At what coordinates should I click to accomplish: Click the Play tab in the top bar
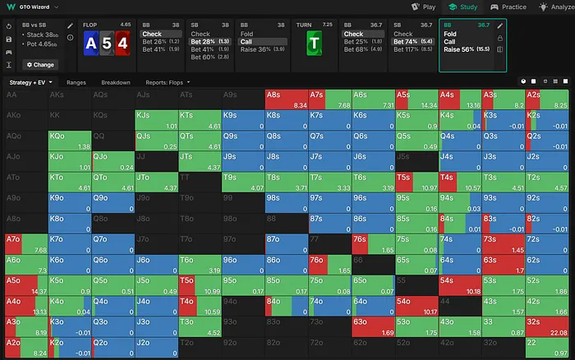click(424, 7)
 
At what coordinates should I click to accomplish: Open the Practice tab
click(509, 7)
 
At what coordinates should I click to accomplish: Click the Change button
click(39, 64)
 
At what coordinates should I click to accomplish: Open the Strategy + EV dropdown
click(30, 82)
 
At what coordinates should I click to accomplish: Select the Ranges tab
click(76, 82)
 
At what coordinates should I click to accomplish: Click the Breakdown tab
click(116, 82)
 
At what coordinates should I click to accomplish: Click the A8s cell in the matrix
click(286, 99)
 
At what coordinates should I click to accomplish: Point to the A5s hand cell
click(414, 99)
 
